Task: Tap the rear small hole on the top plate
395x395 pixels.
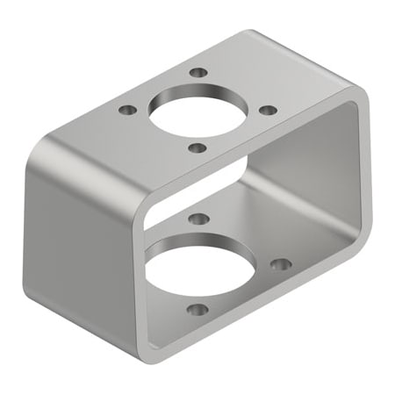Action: (x=199, y=73)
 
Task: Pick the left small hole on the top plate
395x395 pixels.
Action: (x=128, y=111)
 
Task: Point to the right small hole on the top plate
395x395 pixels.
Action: (x=269, y=110)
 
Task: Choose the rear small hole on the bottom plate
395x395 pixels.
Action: (x=199, y=218)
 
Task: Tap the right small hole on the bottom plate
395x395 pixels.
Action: (x=280, y=263)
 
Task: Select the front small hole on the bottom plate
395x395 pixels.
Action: (x=198, y=309)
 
